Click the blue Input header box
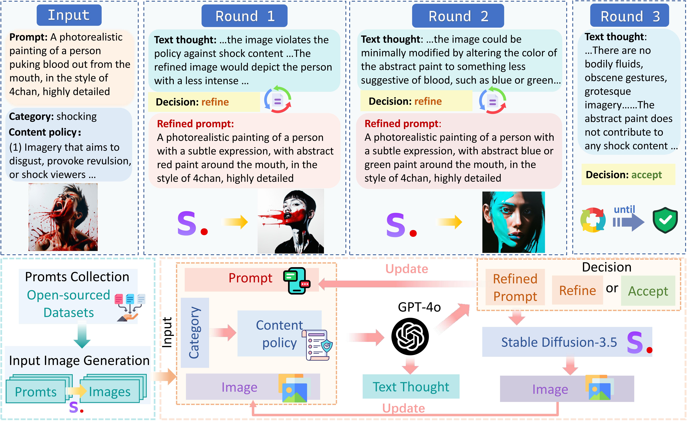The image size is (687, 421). coord(69,15)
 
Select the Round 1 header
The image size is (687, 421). coord(244,16)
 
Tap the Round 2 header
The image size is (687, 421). coord(458,16)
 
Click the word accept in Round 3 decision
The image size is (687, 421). coord(646,175)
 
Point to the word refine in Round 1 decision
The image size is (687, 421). coord(215,102)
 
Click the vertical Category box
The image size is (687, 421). coord(195,332)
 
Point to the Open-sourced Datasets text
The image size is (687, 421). coord(69,304)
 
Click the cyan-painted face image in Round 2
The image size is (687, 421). coord(513,222)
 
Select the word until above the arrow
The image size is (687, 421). coord(624,209)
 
